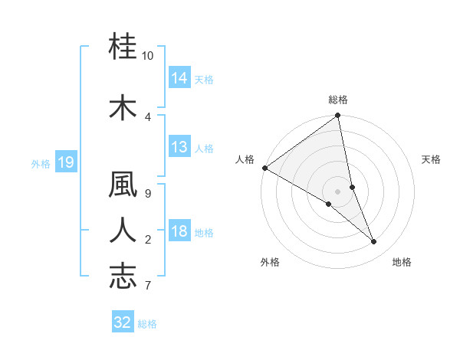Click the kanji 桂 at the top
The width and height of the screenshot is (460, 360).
[x=123, y=47]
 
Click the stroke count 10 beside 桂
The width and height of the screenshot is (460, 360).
[x=148, y=56]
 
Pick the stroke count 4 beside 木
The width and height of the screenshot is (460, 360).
[x=148, y=116]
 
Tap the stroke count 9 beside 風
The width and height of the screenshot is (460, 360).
[x=148, y=192]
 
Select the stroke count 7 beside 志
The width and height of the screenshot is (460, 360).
[x=148, y=285]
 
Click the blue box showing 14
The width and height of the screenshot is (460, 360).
[x=179, y=78]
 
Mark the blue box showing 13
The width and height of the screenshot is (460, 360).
[x=179, y=147]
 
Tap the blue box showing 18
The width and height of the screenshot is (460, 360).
[x=179, y=232]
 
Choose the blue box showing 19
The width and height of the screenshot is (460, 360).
[x=65, y=162]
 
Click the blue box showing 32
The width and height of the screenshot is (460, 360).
[x=123, y=322]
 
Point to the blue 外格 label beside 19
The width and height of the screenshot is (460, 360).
[x=40, y=163]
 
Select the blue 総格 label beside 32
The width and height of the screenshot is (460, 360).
[x=148, y=324]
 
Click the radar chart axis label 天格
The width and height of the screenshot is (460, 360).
[x=432, y=159]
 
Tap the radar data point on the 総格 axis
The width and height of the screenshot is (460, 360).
[x=337, y=116]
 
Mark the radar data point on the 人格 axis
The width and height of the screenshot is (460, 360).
[x=264, y=168]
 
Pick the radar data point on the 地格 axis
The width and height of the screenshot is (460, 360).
[x=374, y=242]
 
